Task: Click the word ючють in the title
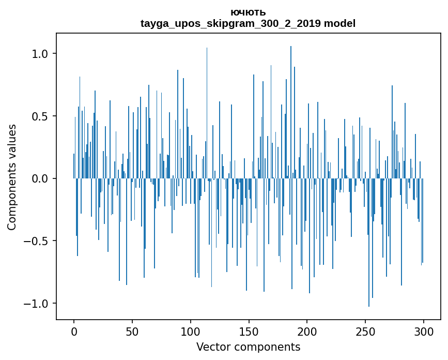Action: (x=248, y=12)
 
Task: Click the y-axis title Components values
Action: (x=12, y=177)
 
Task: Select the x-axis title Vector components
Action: (x=248, y=347)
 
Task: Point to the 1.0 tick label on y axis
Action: (x=41, y=54)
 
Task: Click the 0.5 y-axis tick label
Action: (x=41, y=116)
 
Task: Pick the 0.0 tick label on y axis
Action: (x=41, y=178)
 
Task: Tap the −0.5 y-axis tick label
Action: (x=37, y=241)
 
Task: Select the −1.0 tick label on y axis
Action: (x=37, y=303)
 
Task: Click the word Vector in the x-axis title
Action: (x=212, y=347)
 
